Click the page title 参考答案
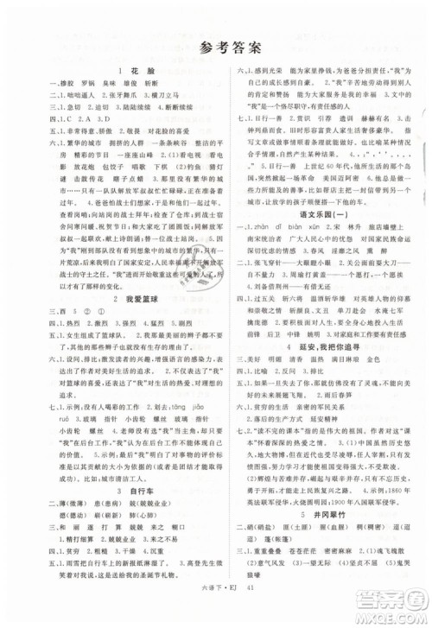click(215, 49)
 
